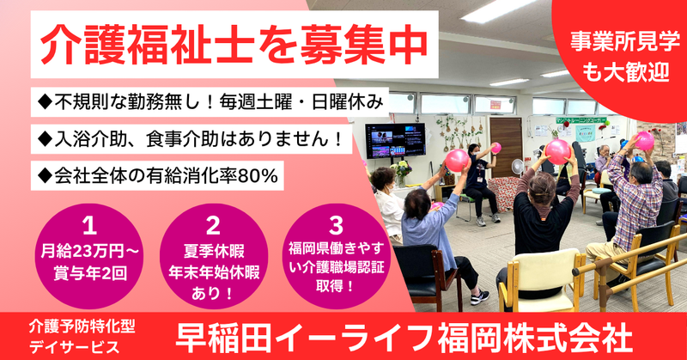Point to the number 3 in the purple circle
click(x=336, y=225)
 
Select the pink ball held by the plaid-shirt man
click(x=643, y=141)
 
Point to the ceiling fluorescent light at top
click(x=498, y=9)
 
